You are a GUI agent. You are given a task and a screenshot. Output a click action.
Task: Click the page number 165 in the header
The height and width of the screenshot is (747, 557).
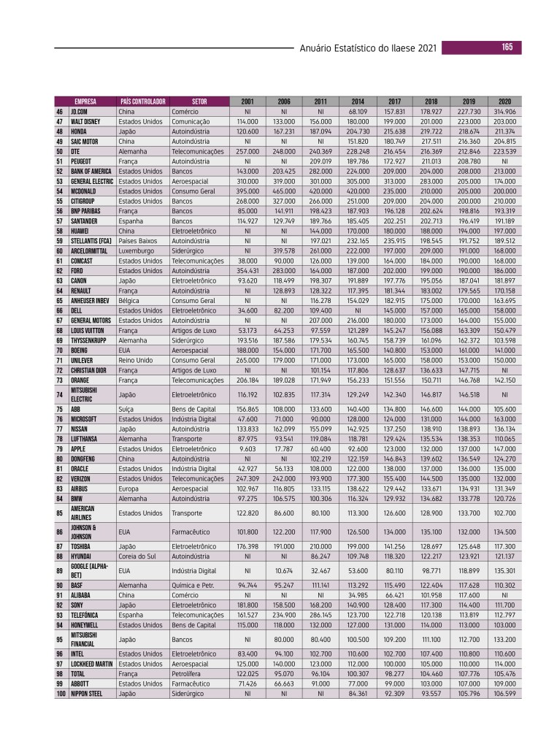[507, 47]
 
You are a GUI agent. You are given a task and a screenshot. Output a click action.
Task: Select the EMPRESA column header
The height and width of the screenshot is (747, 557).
[85, 101]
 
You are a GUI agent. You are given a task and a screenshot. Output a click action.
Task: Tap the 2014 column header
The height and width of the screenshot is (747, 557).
[358, 101]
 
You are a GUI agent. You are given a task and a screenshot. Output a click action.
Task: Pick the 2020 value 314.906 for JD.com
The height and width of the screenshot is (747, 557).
[504, 111]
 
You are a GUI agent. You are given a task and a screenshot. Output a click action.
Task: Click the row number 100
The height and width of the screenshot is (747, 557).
[61, 694]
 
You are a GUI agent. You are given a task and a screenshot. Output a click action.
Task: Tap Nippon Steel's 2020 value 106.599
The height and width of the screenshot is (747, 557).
[504, 694]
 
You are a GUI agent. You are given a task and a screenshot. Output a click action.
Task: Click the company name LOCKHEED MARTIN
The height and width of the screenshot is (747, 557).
[91, 664]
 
